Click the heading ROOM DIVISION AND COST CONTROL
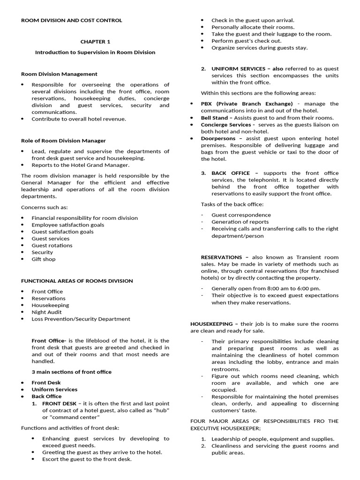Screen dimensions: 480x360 tap(72, 20)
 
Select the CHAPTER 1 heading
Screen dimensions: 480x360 tap(95, 42)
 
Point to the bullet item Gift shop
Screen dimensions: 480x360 tap(43, 259)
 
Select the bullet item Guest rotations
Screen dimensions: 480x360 tap(52, 245)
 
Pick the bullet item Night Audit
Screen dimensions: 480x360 tap(46, 312)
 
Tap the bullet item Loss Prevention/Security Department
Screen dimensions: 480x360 tap(81, 319)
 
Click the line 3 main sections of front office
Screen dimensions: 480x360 tap(72, 372)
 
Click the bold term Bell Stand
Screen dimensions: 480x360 tap(214, 118)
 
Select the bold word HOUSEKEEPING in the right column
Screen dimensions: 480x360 tap(212, 324)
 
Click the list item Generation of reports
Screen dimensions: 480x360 tap(240, 222)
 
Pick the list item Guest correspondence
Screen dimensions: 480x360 tap(241, 215)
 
